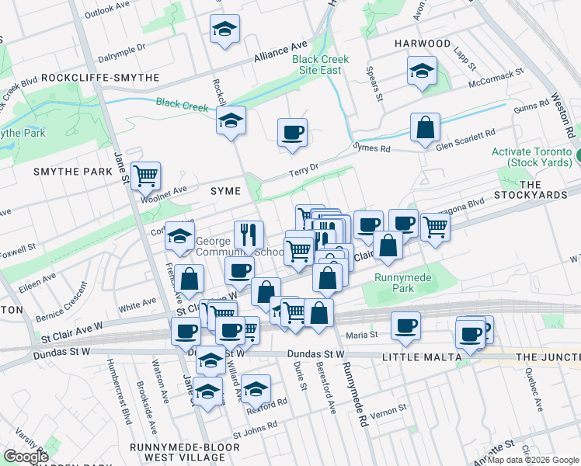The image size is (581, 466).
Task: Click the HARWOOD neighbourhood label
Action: click(422, 43)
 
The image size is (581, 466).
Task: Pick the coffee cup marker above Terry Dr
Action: click(292, 131)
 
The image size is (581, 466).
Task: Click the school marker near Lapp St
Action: click(422, 71)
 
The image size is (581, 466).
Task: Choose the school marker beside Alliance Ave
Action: click(224, 29)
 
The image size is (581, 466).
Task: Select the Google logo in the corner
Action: click(25, 457)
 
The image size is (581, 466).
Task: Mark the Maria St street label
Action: click(362, 336)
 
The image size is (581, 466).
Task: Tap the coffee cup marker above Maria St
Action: click(405, 325)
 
